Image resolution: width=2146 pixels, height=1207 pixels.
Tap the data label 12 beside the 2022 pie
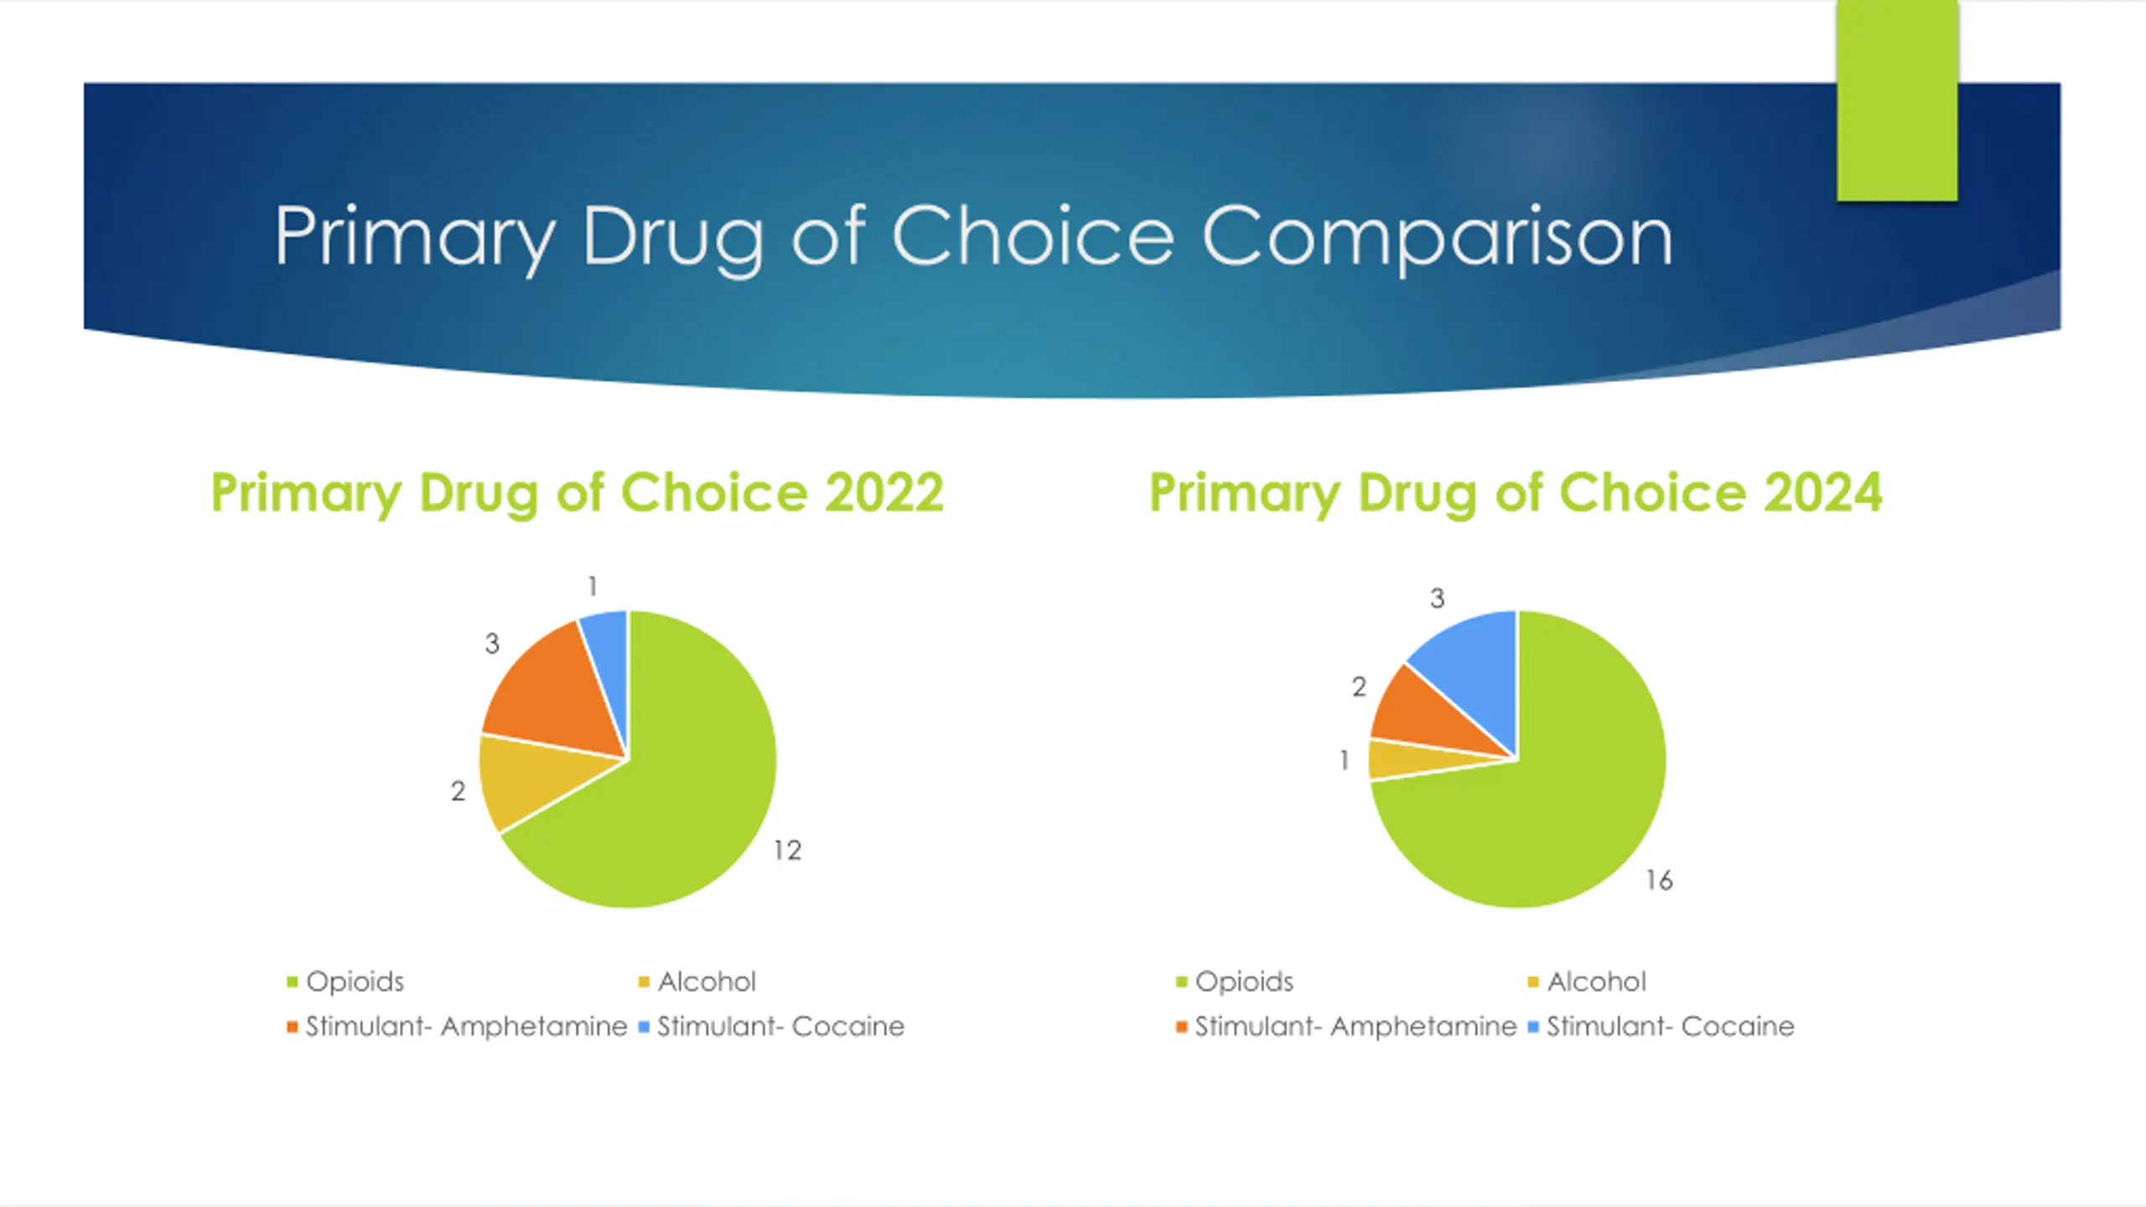[x=787, y=851]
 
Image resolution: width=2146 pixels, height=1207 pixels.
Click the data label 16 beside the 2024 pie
[x=1659, y=880]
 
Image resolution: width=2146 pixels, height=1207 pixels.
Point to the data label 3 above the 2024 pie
[x=1437, y=598]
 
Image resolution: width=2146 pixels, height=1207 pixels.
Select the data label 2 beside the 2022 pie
[x=458, y=790]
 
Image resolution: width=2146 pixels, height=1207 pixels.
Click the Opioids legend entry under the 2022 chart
[x=355, y=982]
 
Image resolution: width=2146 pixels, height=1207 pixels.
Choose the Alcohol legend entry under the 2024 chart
[x=1596, y=982]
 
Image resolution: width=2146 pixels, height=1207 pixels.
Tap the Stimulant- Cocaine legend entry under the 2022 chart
[x=780, y=1027]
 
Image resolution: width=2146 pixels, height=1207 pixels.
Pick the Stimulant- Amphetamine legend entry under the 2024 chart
[x=1355, y=1027]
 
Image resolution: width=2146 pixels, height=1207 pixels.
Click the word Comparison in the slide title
[x=1437, y=237]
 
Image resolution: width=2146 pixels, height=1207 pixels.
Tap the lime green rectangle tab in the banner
[x=1897, y=101]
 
